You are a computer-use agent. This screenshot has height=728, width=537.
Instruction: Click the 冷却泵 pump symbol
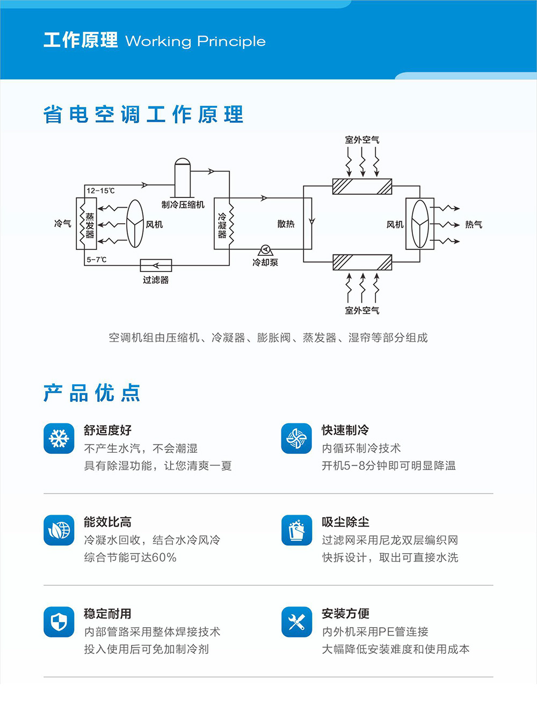coord(265,251)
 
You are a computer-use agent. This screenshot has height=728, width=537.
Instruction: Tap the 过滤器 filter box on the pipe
coord(156,265)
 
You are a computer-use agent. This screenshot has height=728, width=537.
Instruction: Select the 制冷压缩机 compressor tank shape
coord(183,178)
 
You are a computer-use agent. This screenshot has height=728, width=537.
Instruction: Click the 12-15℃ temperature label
coord(100,190)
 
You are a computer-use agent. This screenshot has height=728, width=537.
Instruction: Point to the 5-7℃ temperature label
coord(97,260)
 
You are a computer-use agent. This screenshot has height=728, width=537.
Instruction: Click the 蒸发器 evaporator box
coord(86,224)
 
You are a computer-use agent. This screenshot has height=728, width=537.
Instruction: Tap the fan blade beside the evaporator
coord(135,224)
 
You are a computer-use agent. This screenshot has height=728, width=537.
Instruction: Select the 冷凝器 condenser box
coord(223,224)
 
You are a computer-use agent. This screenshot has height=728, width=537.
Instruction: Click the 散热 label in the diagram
coord(286,224)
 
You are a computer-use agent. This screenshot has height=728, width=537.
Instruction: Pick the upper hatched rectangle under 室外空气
coord(362,186)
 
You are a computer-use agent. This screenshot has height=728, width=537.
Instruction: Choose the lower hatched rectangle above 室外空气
coord(362,262)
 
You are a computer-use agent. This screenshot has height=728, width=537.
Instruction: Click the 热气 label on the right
coord(473,224)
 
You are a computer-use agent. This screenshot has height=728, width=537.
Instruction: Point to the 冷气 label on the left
coord(63,223)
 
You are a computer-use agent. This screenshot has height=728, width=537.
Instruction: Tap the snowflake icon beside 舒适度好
coord(59,438)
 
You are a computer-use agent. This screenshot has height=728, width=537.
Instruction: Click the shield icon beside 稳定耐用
coord(59,622)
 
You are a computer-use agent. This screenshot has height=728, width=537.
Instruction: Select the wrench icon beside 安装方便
coord(296,622)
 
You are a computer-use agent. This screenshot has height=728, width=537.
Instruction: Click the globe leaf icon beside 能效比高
coord(59,530)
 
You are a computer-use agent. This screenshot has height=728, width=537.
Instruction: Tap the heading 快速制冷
coord(345,430)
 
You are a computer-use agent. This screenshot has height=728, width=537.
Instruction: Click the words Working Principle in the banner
coord(195,41)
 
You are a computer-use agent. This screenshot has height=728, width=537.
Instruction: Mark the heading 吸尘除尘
coord(345,522)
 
